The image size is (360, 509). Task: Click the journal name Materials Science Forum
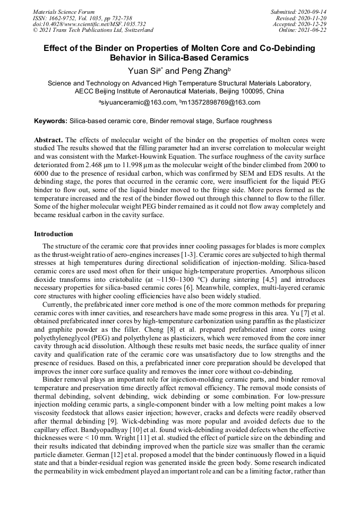[64, 12]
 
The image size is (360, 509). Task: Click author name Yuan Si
[143, 71]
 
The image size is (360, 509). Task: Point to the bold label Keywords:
[50, 121]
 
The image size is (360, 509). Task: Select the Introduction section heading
[54, 234]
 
